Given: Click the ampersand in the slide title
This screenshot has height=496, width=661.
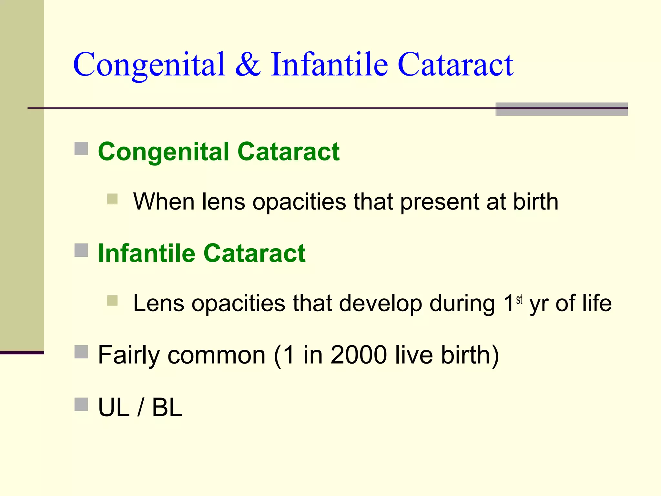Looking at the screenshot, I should (x=248, y=65).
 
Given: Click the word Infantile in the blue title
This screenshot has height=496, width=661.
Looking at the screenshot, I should (x=329, y=64).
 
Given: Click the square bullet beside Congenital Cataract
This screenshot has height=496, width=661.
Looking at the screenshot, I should (x=81, y=149).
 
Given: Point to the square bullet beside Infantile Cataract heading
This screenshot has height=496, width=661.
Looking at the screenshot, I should (x=81, y=250).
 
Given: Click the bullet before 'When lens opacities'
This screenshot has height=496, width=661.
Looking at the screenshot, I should (x=112, y=199).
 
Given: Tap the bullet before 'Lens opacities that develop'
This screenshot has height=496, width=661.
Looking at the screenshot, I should (x=112, y=301).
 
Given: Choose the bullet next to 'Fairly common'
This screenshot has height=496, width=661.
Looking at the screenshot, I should (x=81, y=352).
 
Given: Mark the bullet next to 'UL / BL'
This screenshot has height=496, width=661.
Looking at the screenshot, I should (x=81, y=404).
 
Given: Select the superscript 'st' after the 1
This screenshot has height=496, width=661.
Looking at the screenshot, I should (x=519, y=300).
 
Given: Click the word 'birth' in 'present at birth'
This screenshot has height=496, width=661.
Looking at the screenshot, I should (x=535, y=202).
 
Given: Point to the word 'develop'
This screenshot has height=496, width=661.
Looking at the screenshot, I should (x=381, y=304).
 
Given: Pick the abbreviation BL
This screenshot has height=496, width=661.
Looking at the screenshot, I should (x=167, y=408).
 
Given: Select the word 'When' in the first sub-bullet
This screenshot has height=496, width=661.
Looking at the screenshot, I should (x=164, y=202).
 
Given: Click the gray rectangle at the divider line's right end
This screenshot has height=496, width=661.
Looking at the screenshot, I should (x=562, y=109).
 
